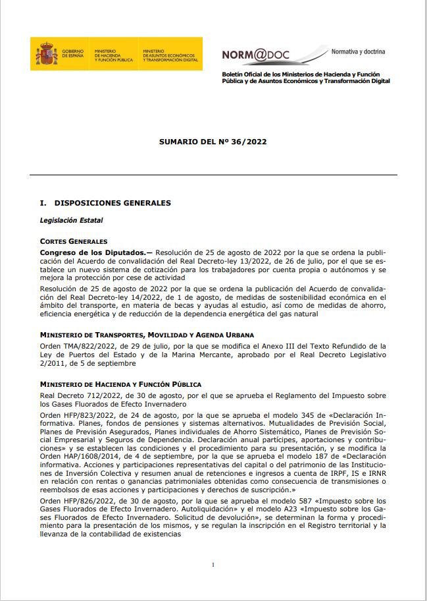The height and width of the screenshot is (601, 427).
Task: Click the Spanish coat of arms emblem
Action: click(x=47, y=54)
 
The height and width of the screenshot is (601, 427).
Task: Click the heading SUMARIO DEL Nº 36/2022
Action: click(x=213, y=142)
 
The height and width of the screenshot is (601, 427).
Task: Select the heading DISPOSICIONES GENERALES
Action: click(x=113, y=203)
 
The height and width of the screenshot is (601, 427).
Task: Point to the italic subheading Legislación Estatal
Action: click(x=72, y=220)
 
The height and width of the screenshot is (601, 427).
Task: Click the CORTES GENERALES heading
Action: click(x=74, y=241)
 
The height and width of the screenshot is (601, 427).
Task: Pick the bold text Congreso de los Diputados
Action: click(x=93, y=252)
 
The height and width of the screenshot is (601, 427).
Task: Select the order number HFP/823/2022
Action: click(x=82, y=416)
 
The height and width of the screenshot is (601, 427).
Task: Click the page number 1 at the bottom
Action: click(x=213, y=565)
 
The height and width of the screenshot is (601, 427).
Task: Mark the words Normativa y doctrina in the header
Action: click(x=359, y=51)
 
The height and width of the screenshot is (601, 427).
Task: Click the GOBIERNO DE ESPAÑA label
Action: click(x=74, y=55)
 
